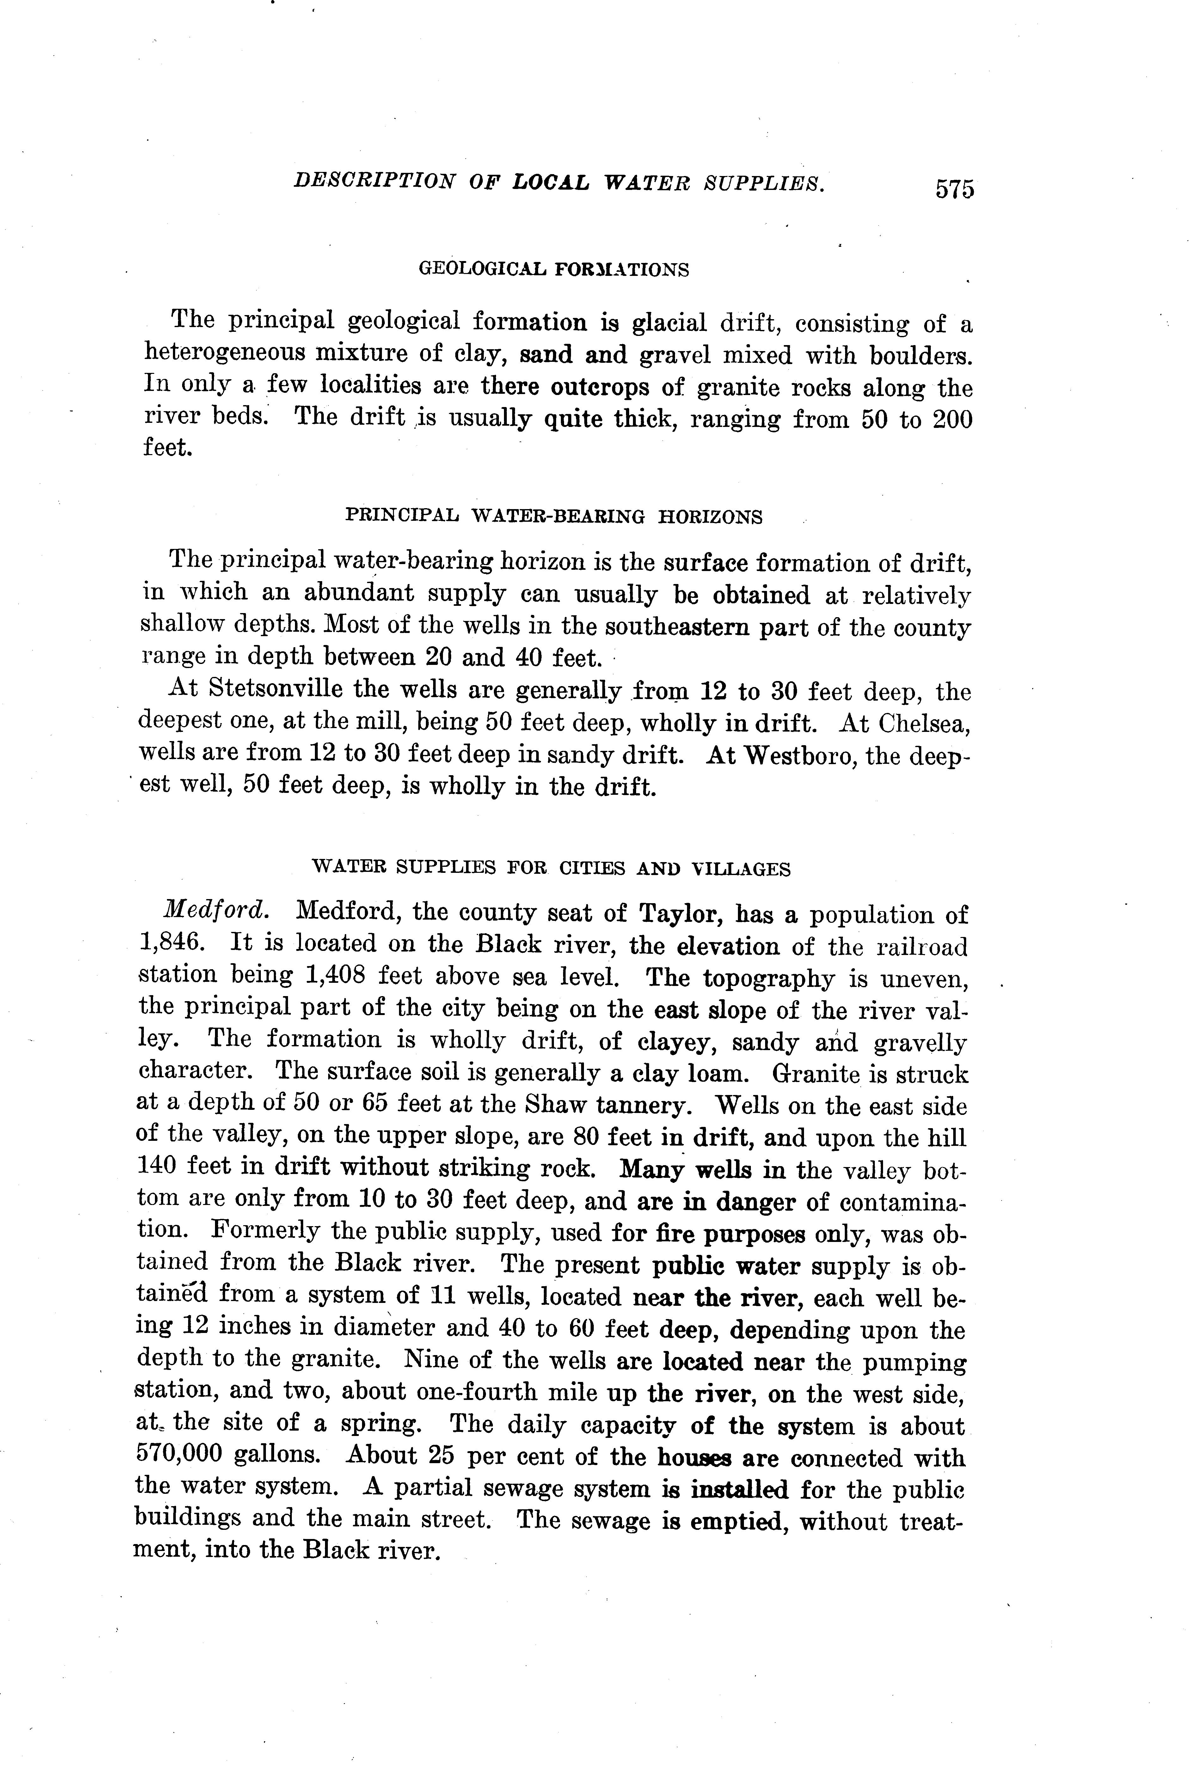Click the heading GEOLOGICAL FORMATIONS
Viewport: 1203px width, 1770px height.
[554, 270]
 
